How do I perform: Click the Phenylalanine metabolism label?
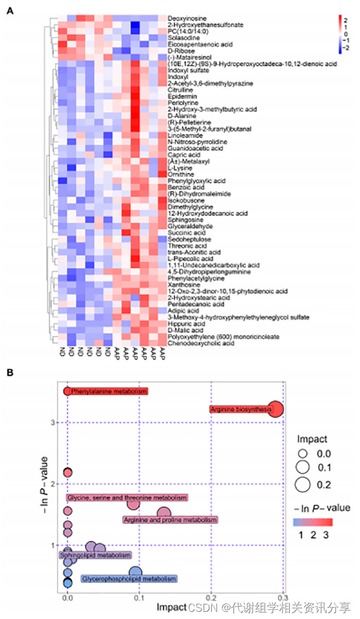(107, 391)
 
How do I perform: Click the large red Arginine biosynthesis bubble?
(275, 410)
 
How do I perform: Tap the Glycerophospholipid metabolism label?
(129, 579)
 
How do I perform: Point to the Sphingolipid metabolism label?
(95, 555)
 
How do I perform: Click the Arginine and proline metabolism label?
(170, 519)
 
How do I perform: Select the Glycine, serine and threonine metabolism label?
(128, 498)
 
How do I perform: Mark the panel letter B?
(10, 372)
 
